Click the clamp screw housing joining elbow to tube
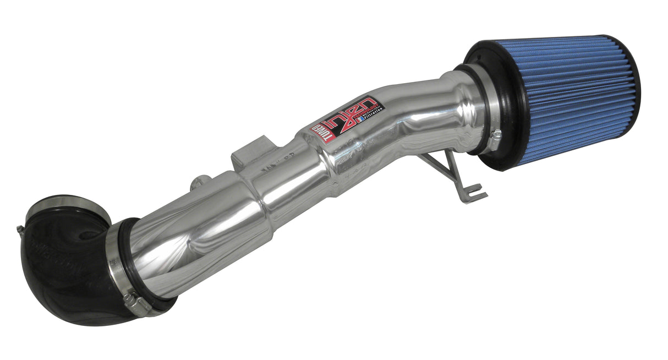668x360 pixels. pyautogui.click(x=132, y=301)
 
